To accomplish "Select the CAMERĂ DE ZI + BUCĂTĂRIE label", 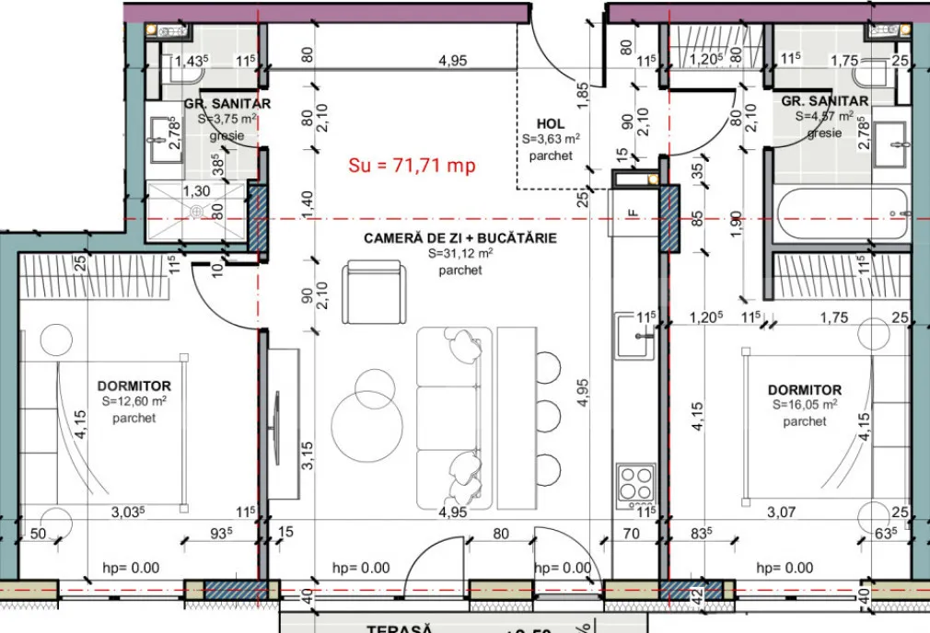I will (459, 237).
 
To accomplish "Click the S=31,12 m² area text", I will (459, 254).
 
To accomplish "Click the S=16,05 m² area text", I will (804, 405).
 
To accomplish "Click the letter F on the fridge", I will (632, 213).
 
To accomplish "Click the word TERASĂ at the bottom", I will (400, 627).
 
